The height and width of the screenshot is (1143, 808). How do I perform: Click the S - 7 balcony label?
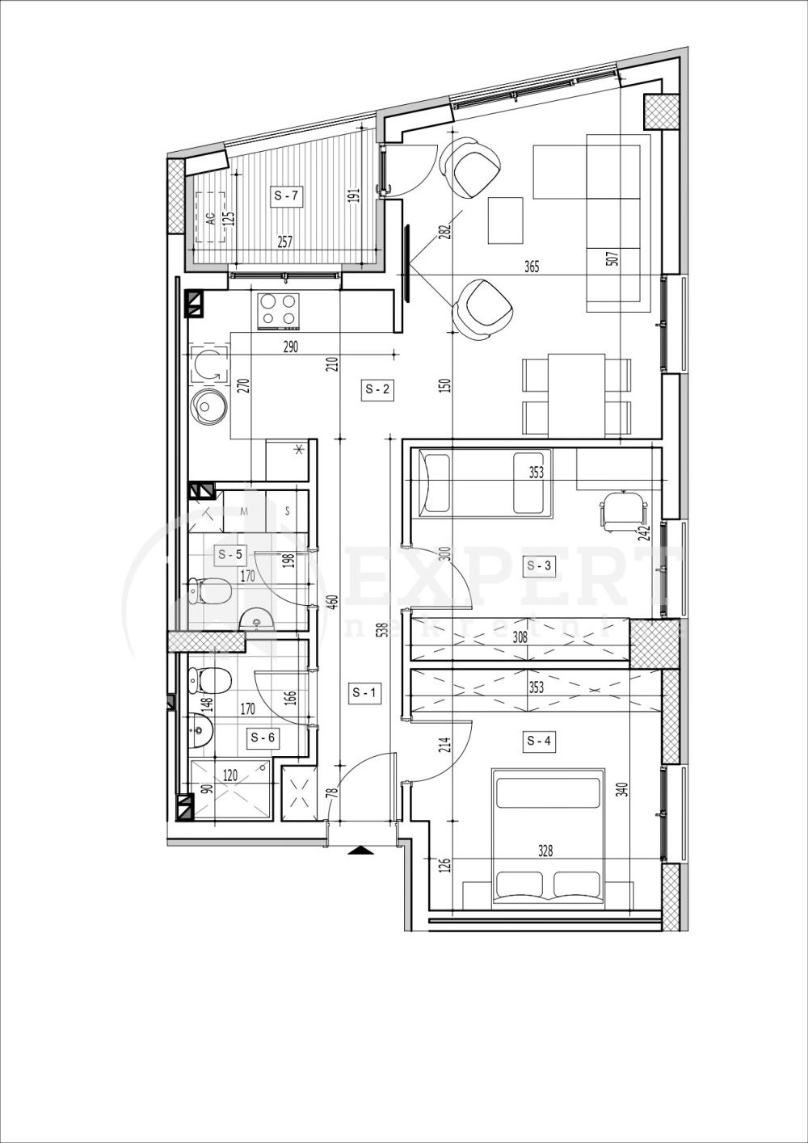(x=286, y=195)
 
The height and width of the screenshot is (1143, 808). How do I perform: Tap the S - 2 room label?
(x=377, y=389)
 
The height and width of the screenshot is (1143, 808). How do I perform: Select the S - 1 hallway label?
(x=364, y=692)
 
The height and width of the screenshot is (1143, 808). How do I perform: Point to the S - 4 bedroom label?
(x=539, y=740)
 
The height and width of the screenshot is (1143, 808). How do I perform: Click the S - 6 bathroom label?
(x=262, y=737)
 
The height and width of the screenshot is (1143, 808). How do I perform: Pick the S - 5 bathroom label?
(x=229, y=554)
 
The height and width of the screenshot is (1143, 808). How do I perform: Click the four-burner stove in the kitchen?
(x=279, y=310)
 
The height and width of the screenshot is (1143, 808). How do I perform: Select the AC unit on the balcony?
(x=210, y=217)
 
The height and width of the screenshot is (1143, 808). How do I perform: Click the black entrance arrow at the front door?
(x=360, y=850)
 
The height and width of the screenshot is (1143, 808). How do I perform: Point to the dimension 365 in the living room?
(x=531, y=267)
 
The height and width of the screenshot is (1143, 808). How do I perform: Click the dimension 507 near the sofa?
(x=612, y=259)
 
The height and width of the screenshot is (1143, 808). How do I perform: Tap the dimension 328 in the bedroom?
(x=545, y=851)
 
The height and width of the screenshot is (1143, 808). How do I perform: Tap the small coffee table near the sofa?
(x=507, y=221)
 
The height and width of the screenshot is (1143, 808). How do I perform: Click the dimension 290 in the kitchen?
(x=291, y=347)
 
